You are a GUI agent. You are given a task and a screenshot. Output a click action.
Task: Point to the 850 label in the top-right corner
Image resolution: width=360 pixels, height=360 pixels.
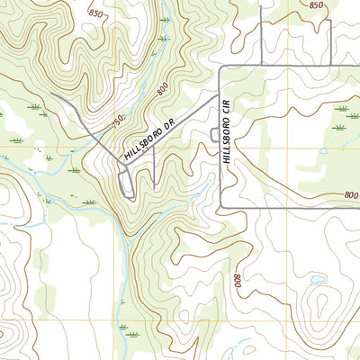point(316,5)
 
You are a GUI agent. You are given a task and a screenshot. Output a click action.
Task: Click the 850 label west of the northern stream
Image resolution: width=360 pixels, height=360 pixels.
point(96,15)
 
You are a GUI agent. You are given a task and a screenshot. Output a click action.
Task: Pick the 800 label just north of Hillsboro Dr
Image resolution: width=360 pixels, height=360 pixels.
point(162,91)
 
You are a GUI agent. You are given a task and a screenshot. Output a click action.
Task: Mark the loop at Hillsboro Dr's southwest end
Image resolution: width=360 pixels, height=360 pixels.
point(125,183)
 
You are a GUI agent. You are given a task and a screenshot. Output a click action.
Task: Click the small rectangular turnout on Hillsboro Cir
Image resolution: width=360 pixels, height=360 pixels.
point(213,134)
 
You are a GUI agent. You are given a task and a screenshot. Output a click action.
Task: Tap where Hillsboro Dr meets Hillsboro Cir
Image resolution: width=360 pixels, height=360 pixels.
point(220,93)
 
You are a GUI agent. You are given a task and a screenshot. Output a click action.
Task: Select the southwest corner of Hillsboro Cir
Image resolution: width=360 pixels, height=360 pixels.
point(220,209)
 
